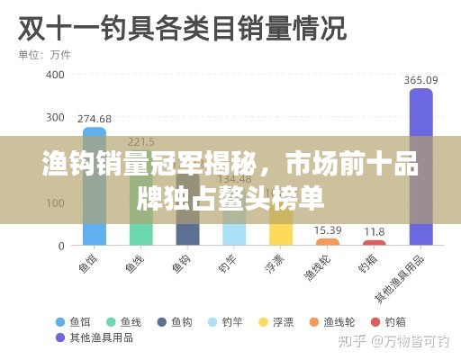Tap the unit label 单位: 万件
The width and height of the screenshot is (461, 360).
pos(44,55)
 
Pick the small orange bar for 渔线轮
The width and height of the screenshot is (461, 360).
pos(328,241)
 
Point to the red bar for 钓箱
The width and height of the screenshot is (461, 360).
pos(374,242)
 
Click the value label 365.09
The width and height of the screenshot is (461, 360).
pos(420,80)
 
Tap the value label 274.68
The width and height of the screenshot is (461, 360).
pos(95,119)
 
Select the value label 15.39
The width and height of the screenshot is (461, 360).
pos(328,230)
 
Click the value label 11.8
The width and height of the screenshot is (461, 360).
pos(374,232)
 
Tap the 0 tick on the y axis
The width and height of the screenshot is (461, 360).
pos(61,246)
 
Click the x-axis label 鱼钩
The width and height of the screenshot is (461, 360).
pos(182,264)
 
